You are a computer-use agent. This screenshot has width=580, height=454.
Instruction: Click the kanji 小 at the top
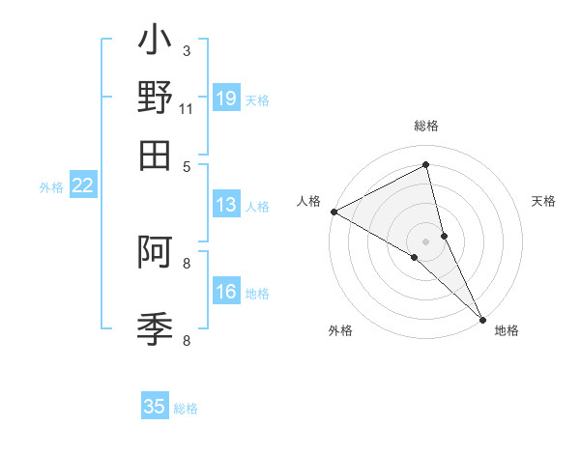coord(155,43)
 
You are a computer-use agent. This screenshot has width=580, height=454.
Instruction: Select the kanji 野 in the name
coord(155,99)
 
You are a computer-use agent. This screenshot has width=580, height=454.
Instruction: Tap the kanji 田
coord(155,155)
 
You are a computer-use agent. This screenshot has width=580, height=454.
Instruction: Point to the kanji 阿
coord(155,253)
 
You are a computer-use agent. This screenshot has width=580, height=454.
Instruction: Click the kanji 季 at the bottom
coord(155,329)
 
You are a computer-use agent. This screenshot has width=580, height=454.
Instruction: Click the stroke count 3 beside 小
coord(187,50)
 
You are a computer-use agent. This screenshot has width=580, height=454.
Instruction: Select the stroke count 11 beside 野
coord(187,108)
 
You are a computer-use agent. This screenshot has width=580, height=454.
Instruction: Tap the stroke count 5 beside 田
coord(187,165)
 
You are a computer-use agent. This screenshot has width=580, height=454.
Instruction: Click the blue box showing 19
coord(226,98)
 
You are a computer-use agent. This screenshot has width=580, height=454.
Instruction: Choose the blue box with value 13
coord(226,205)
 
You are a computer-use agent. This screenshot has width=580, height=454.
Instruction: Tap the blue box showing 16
coord(226,292)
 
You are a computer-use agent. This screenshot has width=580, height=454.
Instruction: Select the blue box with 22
coord(83,185)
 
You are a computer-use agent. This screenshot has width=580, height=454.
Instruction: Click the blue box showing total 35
coord(155,407)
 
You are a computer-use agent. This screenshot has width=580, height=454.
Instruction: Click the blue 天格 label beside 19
coord(257,99)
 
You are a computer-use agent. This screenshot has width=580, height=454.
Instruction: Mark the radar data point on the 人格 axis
coord(333,212)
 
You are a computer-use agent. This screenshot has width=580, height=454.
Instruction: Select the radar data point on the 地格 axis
coord(482,317)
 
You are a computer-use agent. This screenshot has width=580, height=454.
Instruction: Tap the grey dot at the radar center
coord(426,241)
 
